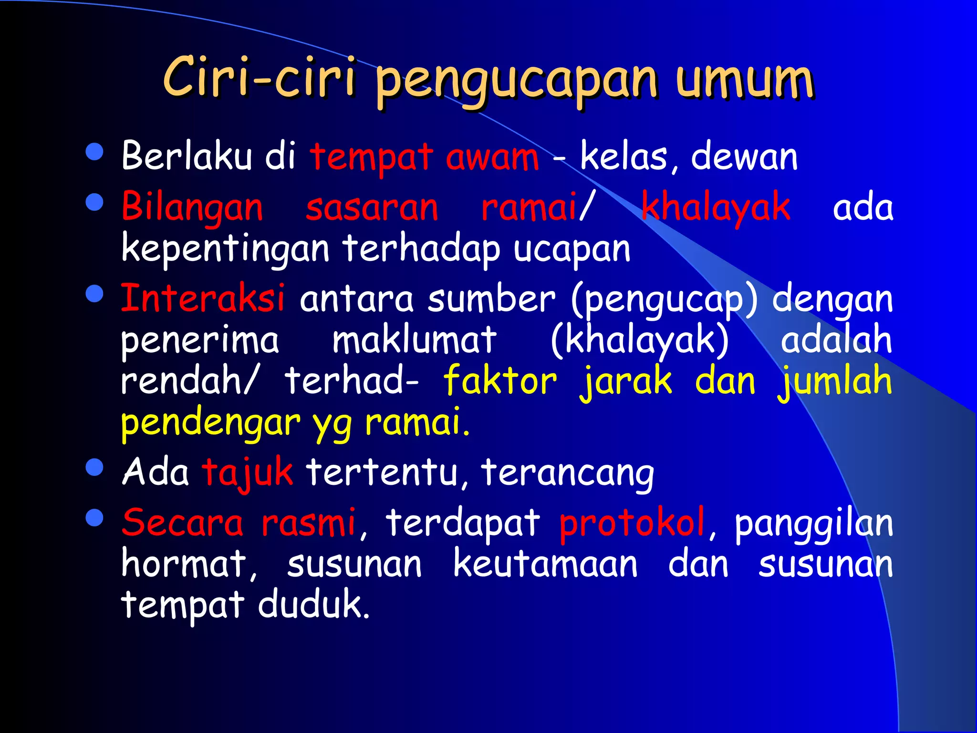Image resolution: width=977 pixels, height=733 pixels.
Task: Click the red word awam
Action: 492,157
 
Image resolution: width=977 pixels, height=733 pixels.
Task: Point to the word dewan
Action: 744,157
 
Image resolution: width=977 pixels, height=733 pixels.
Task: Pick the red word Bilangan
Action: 192,208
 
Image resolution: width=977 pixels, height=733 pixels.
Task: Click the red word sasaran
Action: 372,208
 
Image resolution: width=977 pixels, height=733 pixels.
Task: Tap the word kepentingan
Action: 225,250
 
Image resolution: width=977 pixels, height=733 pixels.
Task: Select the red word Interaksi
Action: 203,298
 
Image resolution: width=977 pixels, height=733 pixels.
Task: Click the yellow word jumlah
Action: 835,382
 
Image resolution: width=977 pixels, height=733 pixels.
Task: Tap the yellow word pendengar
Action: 210,424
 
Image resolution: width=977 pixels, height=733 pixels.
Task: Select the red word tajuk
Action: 247,472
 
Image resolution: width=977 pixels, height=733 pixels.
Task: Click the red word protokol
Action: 632,523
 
